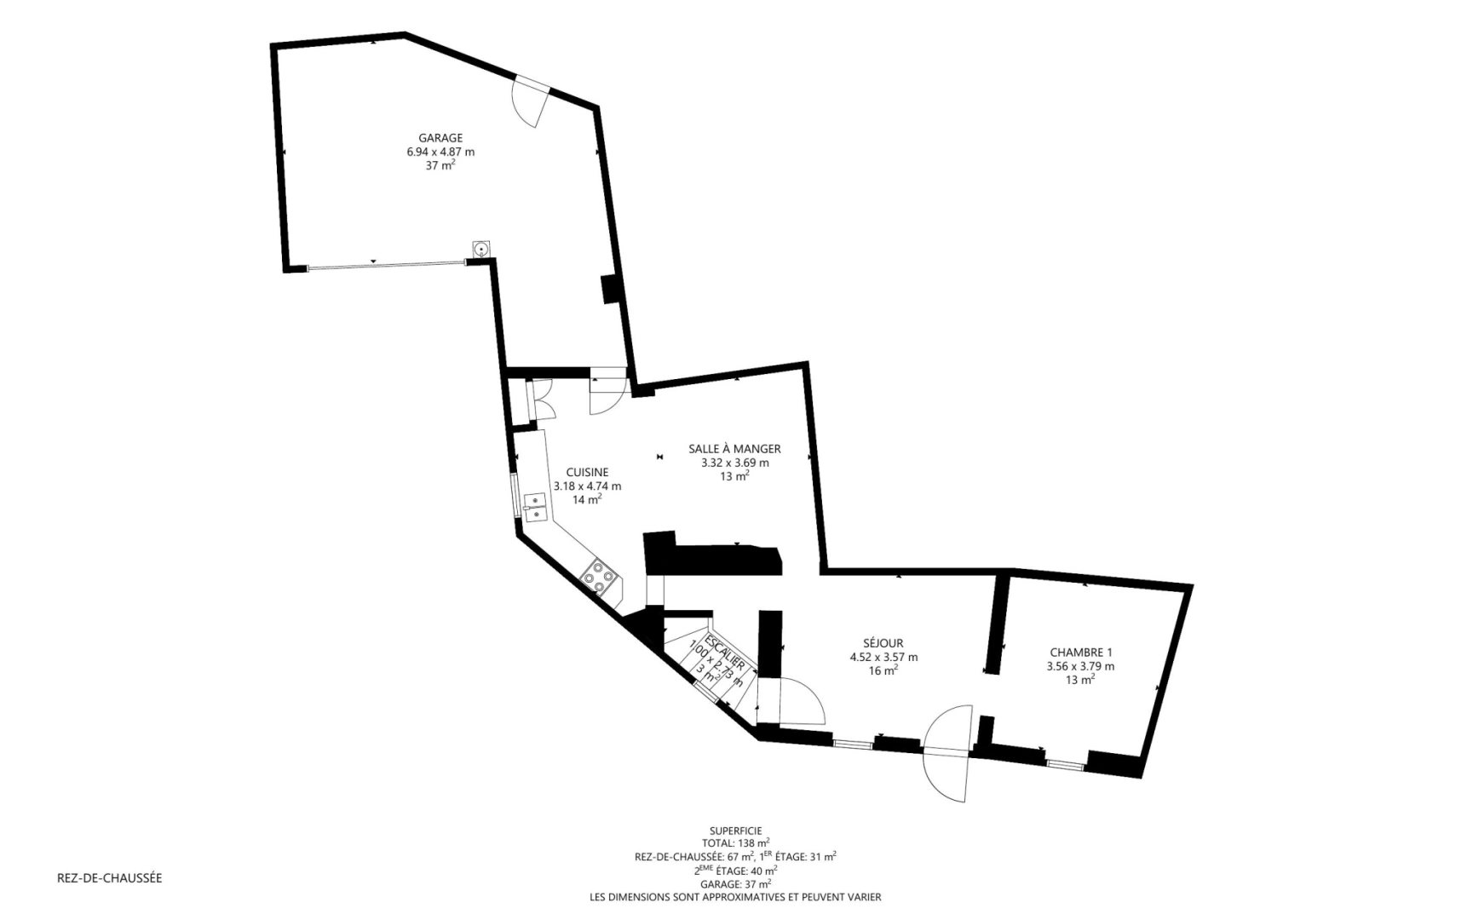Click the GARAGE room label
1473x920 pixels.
tap(440, 138)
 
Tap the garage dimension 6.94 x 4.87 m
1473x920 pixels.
tap(440, 152)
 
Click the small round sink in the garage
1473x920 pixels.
tap(481, 249)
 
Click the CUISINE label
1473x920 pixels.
tap(587, 473)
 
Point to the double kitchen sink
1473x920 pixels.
tap(536, 507)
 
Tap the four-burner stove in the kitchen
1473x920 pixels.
tap(599, 576)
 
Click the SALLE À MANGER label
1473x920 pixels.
tap(734, 449)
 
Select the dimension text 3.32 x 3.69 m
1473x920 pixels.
tap(734, 463)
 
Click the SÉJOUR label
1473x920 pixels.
tap(883, 644)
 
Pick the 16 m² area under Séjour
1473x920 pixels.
tap(883, 671)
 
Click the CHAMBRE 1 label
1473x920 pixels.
tap(1080, 653)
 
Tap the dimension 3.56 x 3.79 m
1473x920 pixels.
tap(1080, 667)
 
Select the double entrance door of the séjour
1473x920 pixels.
tap(947, 751)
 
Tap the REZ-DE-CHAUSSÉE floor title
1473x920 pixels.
tap(109, 878)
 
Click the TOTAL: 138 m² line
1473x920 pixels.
tap(735, 843)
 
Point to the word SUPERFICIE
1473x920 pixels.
tap(735, 831)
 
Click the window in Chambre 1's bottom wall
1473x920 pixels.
tap(1066, 763)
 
